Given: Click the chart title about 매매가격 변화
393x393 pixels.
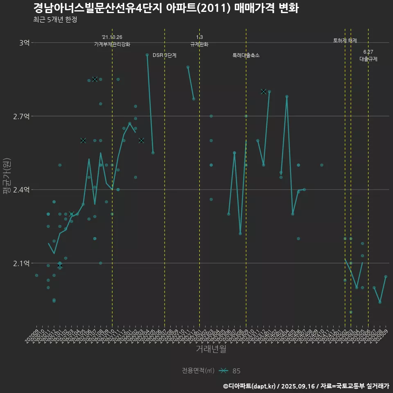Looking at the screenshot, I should (166, 8).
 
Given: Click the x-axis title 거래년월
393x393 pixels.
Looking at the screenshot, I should (211, 349).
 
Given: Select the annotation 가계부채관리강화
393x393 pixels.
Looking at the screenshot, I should (112, 44).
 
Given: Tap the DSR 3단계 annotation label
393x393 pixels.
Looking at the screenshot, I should (165, 55).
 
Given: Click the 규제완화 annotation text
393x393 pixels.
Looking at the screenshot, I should (199, 44).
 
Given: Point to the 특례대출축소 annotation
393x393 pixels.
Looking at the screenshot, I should (246, 55).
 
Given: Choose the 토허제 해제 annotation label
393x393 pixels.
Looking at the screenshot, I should (345, 41).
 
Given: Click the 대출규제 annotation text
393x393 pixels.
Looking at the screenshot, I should (368, 59).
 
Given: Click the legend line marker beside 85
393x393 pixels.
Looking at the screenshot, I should (223, 371).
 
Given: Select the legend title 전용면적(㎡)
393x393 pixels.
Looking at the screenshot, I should (198, 371).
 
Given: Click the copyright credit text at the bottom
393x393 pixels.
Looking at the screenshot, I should (306, 386).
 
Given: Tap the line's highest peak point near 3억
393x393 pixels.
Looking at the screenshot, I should (147, 55).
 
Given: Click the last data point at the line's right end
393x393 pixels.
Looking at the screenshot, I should (386, 277).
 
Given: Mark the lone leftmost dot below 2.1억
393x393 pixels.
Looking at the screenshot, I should (36, 276).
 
